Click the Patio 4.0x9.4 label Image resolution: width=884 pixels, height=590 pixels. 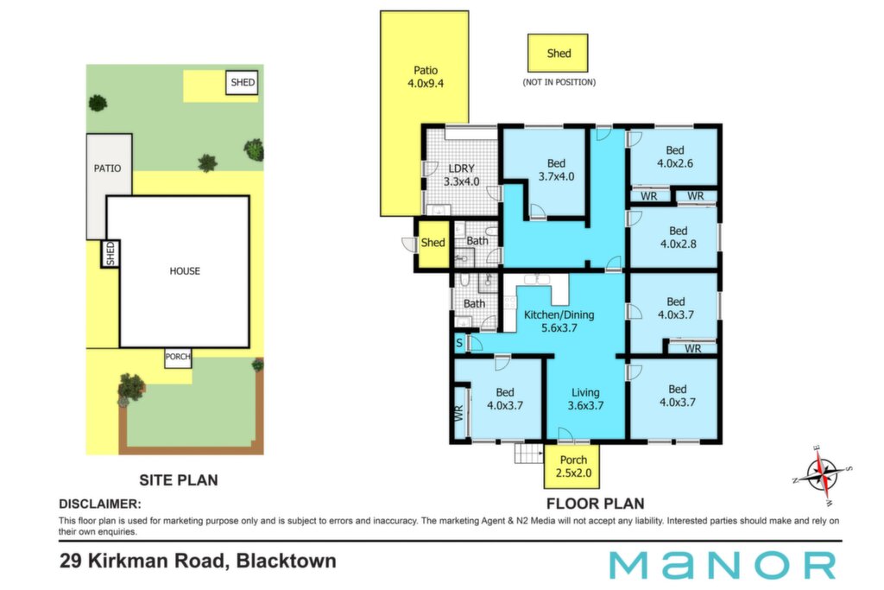click(x=426, y=77)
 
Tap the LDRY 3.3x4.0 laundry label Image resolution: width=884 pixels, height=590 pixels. click(x=462, y=174)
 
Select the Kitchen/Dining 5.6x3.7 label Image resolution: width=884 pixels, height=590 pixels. click(x=559, y=321)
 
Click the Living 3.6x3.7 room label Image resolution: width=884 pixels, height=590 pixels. click(x=585, y=399)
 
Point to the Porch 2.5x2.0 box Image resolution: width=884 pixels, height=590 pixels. click(x=571, y=466)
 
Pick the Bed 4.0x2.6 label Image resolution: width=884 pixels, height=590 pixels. click(x=675, y=157)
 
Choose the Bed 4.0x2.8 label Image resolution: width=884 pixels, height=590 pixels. click(x=679, y=238)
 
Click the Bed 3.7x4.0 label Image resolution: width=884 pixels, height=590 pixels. click(x=556, y=170)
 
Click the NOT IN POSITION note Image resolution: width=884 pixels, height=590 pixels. click(x=559, y=82)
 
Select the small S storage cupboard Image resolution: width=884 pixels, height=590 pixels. click(x=459, y=343)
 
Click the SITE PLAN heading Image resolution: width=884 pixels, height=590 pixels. click(x=178, y=480)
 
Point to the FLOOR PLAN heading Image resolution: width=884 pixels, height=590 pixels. click(x=595, y=503)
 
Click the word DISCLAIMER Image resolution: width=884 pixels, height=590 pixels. click(x=100, y=504)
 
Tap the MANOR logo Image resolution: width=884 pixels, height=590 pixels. click(x=723, y=565)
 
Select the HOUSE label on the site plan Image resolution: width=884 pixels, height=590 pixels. click(x=185, y=270)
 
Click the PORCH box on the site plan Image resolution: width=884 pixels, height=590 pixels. click(x=178, y=358)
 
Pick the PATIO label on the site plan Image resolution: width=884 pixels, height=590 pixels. click(x=107, y=168)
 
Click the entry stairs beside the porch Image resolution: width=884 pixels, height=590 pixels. click(x=529, y=454)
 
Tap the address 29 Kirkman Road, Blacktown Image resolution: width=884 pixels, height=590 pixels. click(x=198, y=561)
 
